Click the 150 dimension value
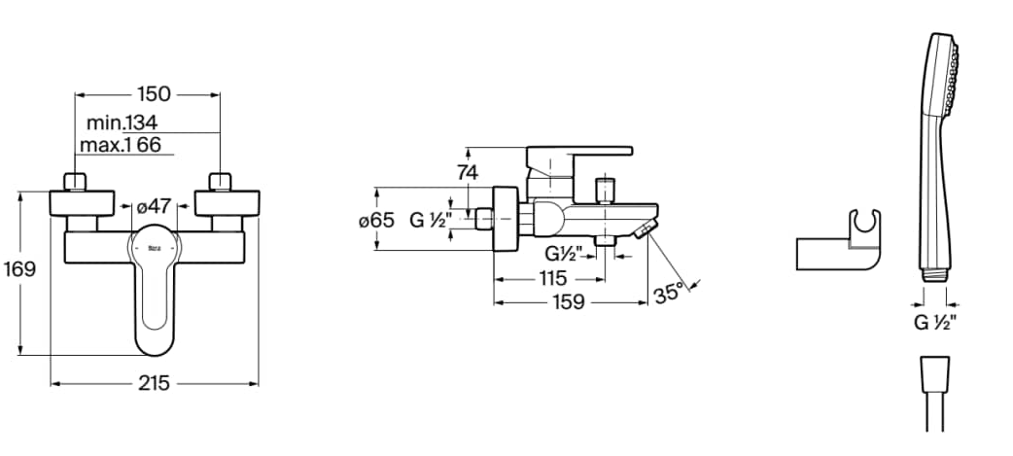coord(155,94)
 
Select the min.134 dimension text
coord(122,123)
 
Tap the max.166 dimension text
coord(121,145)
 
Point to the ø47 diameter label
coord(154,207)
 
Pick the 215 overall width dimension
coord(154,384)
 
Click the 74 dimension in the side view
coord(467,172)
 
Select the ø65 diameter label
coord(376,221)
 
